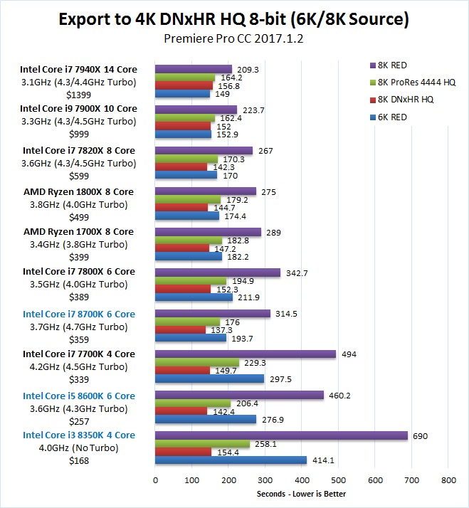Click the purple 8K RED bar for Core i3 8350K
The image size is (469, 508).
point(281,435)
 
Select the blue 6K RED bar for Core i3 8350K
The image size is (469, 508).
point(231,460)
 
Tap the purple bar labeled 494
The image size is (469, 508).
point(246,354)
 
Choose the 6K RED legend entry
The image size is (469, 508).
point(394,117)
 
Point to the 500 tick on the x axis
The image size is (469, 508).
point(338,480)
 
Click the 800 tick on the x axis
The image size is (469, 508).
point(448,480)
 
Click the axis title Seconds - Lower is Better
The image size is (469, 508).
point(302,494)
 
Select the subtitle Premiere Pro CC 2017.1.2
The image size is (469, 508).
point(234,38)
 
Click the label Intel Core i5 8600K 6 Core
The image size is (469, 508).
point(79,395)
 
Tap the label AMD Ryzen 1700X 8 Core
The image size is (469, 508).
point(78,231)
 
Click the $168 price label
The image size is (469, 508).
point(79,461)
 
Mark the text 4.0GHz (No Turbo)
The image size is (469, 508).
point(79,448)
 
